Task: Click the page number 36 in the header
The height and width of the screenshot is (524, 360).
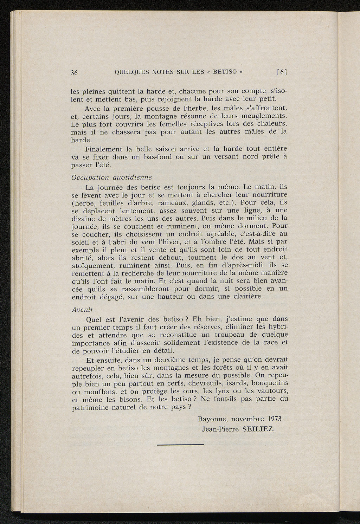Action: (74, 73)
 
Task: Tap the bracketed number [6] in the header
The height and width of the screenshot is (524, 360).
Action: (282, 72)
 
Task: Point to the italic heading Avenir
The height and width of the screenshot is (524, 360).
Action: (82, 310)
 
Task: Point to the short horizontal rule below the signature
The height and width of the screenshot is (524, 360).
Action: (180, 445)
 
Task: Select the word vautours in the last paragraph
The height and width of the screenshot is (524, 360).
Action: (272, 391)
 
